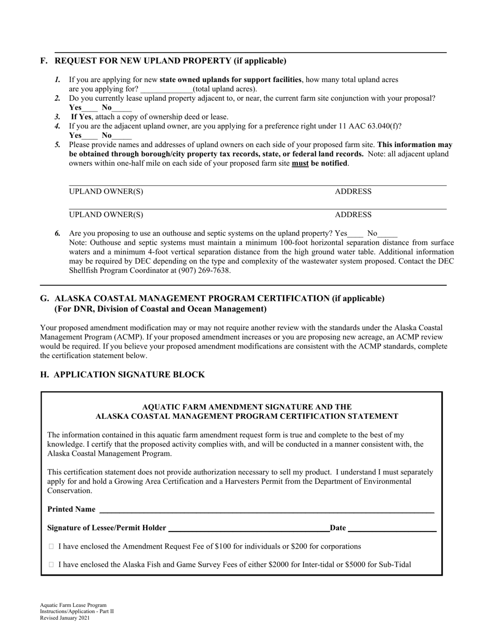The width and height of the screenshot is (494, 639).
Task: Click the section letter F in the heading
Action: tap(43, 61)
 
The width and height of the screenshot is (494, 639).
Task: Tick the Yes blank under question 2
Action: tap(90, 108)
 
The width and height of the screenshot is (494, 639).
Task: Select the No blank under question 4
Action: tap(122, 136)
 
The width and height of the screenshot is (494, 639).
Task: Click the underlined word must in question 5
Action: tap(300, 164)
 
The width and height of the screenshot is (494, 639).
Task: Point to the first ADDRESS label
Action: tap(353, 192)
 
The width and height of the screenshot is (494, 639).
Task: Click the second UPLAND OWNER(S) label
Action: tap(106, 215)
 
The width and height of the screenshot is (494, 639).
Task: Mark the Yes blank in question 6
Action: tap(356, 234)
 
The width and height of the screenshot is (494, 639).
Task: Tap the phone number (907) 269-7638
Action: tap(204, 271)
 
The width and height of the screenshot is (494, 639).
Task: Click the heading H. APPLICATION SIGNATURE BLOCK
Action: tap(123, 375)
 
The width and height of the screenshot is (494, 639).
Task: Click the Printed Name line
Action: tap(266, 510)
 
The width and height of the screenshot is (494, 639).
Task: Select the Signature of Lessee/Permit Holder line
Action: tap(249, 528)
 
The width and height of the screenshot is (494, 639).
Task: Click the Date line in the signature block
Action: tap(392, 528)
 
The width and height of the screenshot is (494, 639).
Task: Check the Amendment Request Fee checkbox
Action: tap(51, 547)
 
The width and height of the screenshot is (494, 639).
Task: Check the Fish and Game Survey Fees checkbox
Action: tap(51, 565)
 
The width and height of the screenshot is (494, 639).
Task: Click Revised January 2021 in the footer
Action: tap(64, 618)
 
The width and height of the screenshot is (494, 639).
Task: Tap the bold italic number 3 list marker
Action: tap(58, 117)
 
